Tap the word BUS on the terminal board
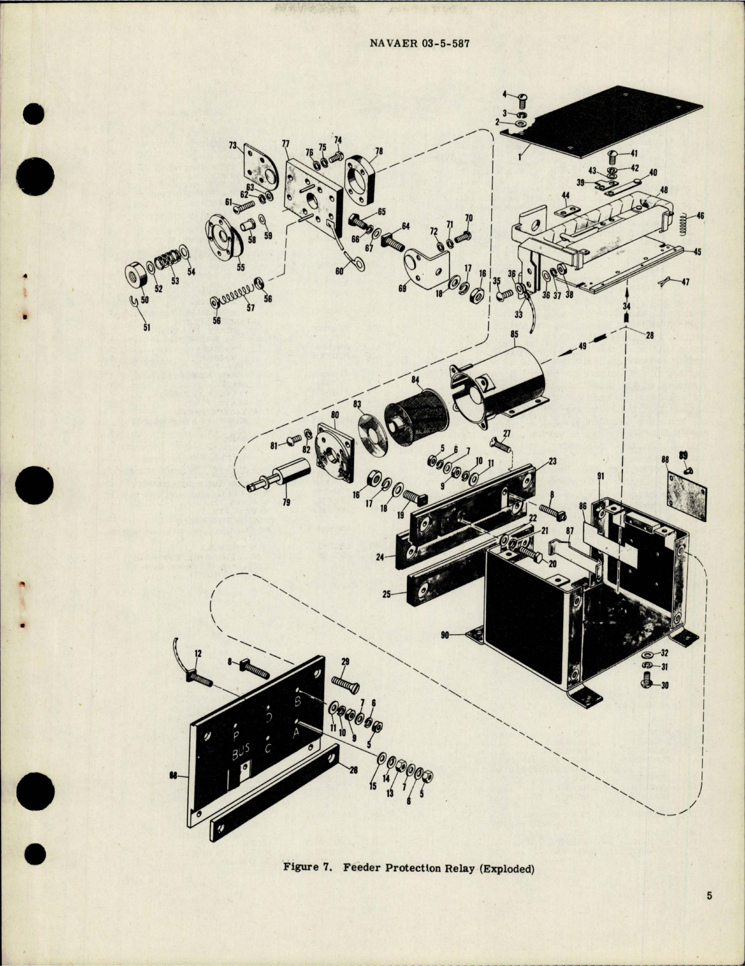click(x=241, y=754)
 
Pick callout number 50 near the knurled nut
click(x=144, y=300)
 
